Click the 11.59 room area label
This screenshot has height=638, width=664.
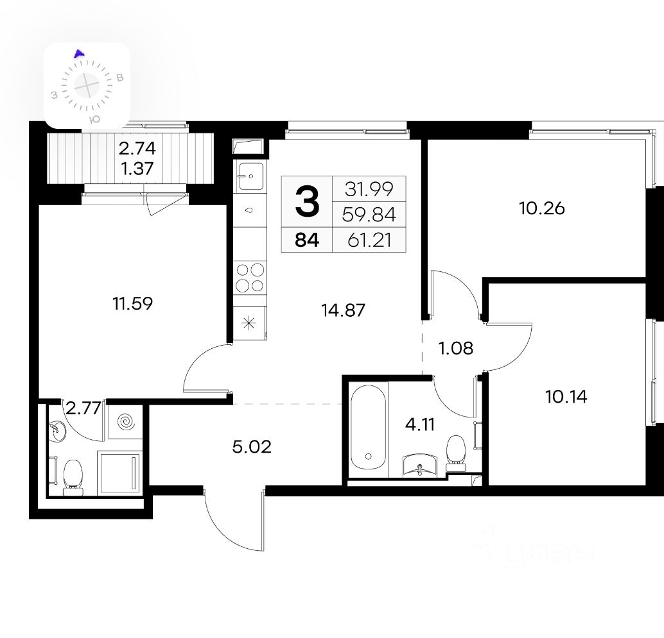click(132, 303)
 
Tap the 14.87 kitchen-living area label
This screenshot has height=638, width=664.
click(343, 310)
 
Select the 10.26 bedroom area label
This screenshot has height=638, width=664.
click(542, 208)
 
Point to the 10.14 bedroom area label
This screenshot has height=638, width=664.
click(566, 396)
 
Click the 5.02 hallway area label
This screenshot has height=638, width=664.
click(252, 446)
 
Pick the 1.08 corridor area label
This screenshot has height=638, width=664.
click(456, 348)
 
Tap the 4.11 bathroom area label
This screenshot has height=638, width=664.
click(420, 424)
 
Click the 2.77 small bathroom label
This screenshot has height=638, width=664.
click(84, 408)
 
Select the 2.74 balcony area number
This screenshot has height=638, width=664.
click(137, 148)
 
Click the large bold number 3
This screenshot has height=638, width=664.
click(307, 202)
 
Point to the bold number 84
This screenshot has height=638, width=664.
click(307, 240)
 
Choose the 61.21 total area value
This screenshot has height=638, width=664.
click(370, 240)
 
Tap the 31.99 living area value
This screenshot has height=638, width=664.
click(369, 189)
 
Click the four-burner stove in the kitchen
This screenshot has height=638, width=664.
click(250, 278)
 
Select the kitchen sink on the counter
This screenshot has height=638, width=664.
click(250, 176)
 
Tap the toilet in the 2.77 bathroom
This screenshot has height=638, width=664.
click(73, 477)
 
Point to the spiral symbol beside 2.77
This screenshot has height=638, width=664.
click(125, 421)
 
